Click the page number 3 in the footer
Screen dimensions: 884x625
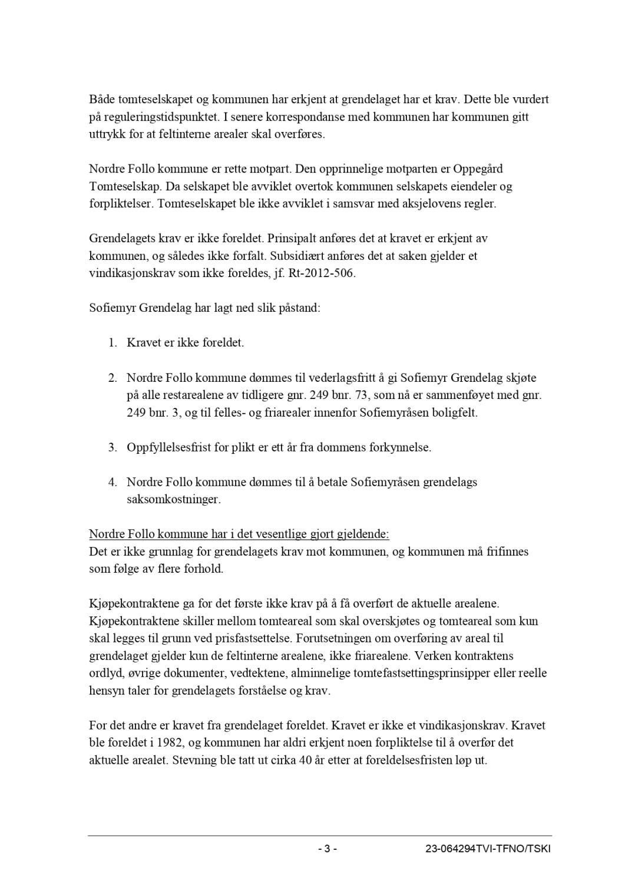(x=327, y=849)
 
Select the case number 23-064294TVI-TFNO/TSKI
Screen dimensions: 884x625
(x=488, y=849)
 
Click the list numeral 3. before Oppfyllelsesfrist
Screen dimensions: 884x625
(x=113, y=447)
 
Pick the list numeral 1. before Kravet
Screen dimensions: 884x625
(x=113, y=342)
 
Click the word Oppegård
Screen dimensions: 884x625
(x=478, y=169)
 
